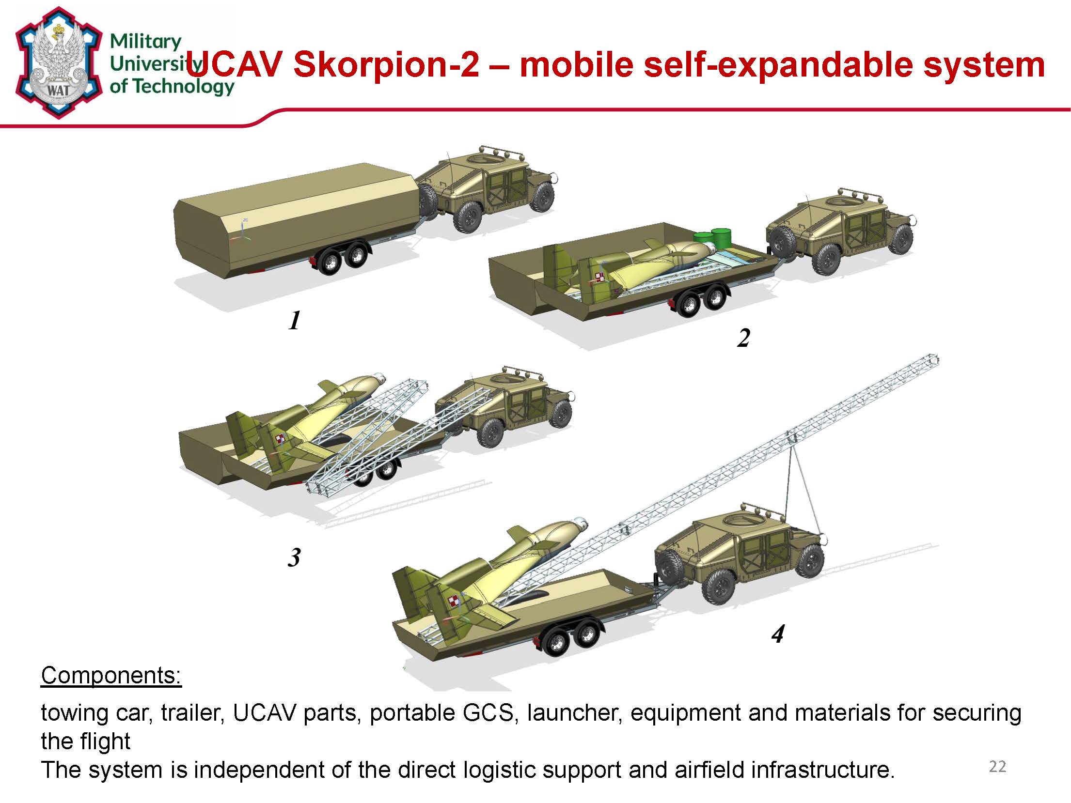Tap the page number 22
[997, 767]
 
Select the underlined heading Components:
[111, 675]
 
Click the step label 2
[743, 338]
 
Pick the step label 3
[294, 557]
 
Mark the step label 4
[778, 633]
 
